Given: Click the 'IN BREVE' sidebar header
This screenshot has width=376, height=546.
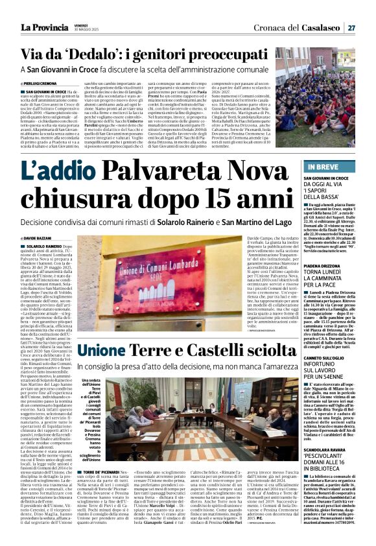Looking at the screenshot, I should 327,166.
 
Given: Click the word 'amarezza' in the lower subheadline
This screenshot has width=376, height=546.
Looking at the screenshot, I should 274,366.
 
